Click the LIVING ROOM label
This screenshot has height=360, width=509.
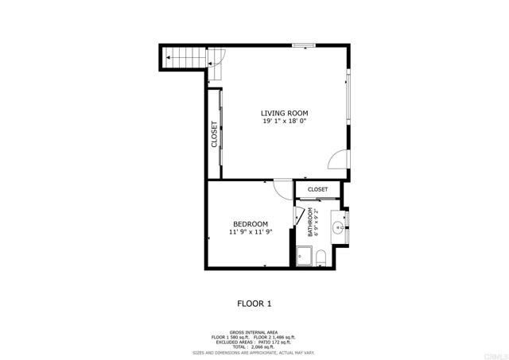[x=285, y=113]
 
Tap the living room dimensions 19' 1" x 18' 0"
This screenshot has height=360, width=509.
[x=285, y=121]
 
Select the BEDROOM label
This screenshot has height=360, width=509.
[x=250, y=224]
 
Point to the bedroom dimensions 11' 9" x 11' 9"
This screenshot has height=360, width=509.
[x=250, y=232]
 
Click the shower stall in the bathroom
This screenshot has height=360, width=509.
[x=303, y=256]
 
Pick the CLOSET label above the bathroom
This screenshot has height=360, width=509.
[x=318, y=189]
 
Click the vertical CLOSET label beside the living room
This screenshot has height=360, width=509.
[x=215, y=134]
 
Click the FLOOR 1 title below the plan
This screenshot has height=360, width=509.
[x=254, y=303]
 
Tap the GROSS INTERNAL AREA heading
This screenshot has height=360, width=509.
[x=254, y=332]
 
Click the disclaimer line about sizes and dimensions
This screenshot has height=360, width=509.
[x=254, y=352]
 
